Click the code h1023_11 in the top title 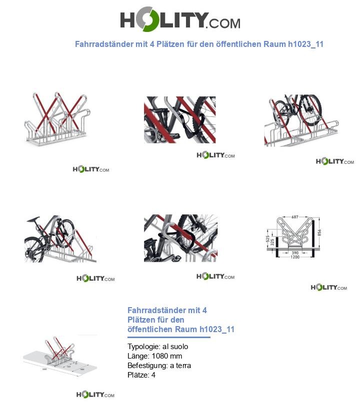pos(306,44)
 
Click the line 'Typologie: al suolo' pos(158,347)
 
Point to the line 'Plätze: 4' pos(141,375)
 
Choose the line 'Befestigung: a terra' pos(159,366)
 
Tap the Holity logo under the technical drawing pos(328,288)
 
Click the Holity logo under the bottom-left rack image pos(95,395)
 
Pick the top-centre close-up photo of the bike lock pos(179,120)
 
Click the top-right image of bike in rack pos(301,120)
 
